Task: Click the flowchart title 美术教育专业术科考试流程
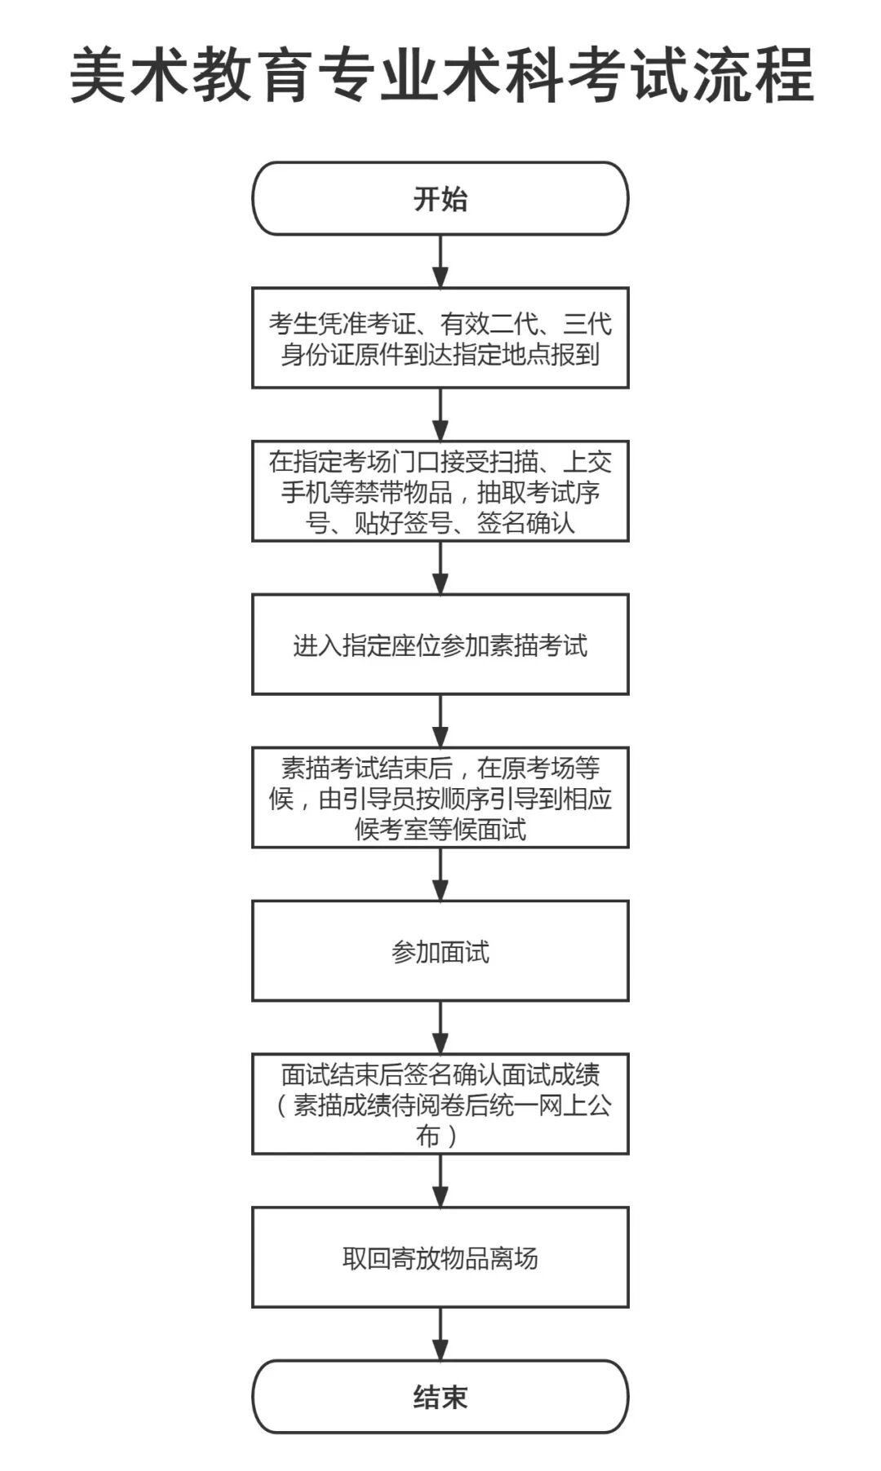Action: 440,75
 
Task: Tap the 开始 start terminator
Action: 440,199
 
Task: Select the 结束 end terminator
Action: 440,1397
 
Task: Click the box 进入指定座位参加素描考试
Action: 440,645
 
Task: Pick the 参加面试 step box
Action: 440,951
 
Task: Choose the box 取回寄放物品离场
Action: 440,1258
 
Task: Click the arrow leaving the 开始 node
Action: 440,262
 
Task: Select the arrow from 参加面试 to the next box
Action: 440,1027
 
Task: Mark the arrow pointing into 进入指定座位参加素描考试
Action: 440,568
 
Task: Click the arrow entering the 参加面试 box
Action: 440,875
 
